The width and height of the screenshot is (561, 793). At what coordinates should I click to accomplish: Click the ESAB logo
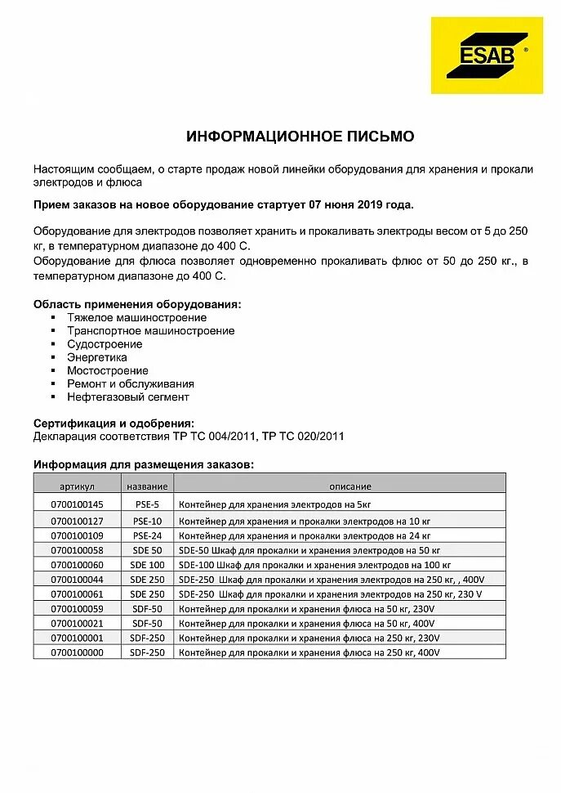click(x=487, y=56)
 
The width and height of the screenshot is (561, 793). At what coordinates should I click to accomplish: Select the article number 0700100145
click(x=78, y=504)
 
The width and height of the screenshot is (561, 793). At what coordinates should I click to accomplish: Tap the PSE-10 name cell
click(x=148, y=521)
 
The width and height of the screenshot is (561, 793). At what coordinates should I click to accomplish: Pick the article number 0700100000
click(x=78, y=652)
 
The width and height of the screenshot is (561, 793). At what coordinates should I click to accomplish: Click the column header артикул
click(x=78, y=486)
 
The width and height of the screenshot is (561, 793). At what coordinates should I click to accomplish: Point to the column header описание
click(x=350, y=486)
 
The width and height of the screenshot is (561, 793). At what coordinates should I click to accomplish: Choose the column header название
click(x=148, y=486)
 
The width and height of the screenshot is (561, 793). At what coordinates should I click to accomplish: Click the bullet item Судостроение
click(x=105, y=344)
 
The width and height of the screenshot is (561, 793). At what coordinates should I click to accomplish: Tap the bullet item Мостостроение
click(x=108, y=370)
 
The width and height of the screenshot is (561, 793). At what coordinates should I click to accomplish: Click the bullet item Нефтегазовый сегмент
click(x=128, y=396)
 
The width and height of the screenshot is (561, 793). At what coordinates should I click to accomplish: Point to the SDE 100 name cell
click(x=148, y=564)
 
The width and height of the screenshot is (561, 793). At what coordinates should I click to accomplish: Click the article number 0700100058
click(x=78, y=550)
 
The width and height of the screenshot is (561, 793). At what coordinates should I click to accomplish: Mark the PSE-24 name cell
click(x=148, y=535)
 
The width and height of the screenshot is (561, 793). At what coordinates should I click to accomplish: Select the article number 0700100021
click(x=78, y=623)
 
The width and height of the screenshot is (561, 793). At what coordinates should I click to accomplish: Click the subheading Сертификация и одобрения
click(x=114, y=423)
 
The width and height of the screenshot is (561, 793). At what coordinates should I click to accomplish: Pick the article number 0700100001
click(x=78, y=638)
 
